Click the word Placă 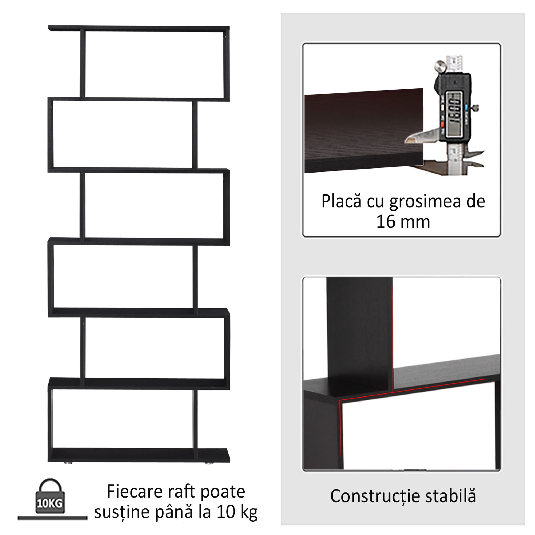click(341, 201)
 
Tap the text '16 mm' click(403, 222)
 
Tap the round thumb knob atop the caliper click(440, 66)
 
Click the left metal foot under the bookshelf click(68, 463)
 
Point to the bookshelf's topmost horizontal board click(139, 28)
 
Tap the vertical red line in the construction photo click(392, 338)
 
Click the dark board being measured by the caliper click(363, 130)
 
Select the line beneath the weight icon click(52, 518)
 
